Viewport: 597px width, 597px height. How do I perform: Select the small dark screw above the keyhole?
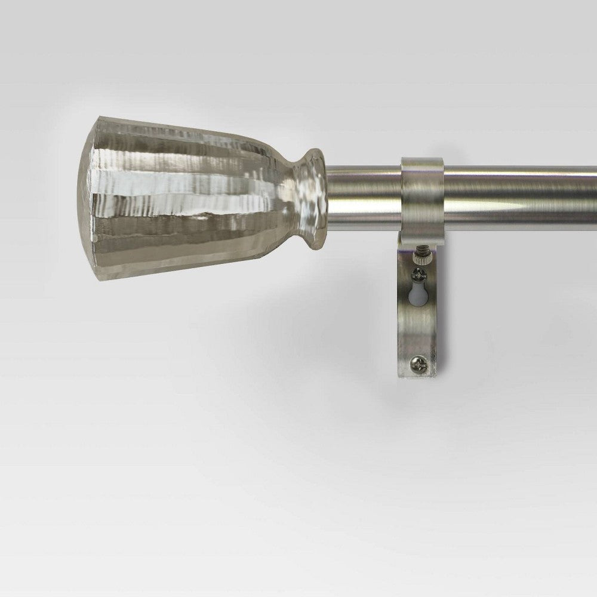pos(419,275)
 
